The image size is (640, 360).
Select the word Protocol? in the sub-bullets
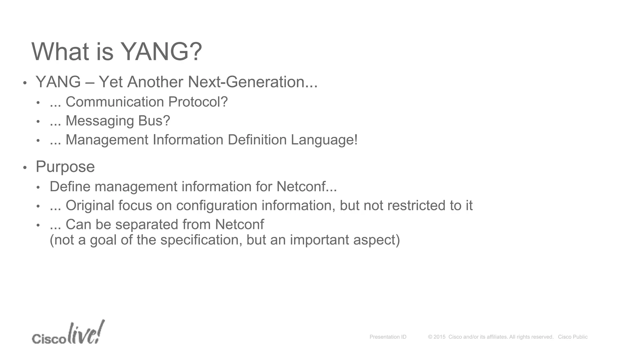pos(198,102)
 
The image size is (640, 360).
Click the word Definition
pos(257,140)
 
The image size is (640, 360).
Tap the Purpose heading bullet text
pos(65,167)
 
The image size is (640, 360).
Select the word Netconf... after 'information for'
pos(307,187)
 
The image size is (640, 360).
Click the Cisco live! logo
pos(68,333)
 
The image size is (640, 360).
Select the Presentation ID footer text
pos(388,337)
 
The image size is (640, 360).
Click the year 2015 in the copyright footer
pos(439,337)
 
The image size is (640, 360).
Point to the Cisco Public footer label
pos(572,337)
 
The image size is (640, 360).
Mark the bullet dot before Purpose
pos(25,168)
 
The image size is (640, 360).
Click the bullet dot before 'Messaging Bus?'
pos(38,122)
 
